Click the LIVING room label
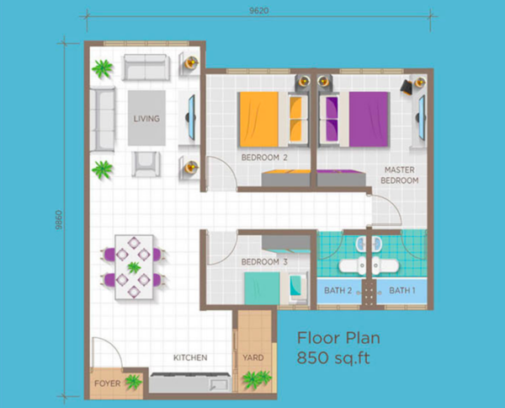click(146, 119)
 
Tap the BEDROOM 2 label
click(264, 158)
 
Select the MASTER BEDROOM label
click(400, 175)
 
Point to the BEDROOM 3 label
click(264, 262)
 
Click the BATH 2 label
click(338, 291)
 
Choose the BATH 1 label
click(402, 291)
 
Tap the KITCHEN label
click(190, 357)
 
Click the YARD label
click(253, 357)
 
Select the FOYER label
click(107, 384)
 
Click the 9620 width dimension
click(259, 11)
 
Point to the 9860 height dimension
click(59, 220)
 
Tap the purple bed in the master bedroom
click(354, 120)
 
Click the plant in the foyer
click(133, 382)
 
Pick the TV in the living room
click(192, 117)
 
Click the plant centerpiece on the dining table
click(134, 267)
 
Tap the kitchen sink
click(218, 384)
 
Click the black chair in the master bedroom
click(407, 87)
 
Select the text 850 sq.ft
click(333, 358)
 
